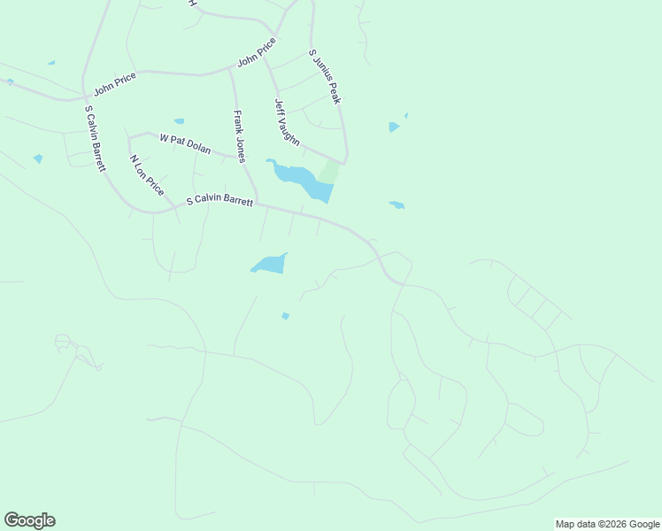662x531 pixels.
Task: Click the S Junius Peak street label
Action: tap(325, 76)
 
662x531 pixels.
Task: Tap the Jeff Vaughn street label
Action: tap(287, 122)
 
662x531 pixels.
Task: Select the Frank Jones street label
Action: tap(238, 135)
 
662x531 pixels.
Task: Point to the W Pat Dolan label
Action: tap(185, 143)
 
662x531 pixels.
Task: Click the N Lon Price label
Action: tap(147, 174)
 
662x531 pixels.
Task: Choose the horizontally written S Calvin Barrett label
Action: tap(219, 201)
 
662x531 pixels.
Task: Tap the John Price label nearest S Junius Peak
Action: tap(257, 52)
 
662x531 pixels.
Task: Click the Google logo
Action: tap(29, 520)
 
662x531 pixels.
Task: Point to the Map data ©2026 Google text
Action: tap(608, 524)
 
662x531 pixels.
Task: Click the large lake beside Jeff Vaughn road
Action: tap(301, 180)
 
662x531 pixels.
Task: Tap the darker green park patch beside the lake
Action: tap(328, 172)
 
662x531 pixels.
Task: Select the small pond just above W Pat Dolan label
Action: tap(180, 121)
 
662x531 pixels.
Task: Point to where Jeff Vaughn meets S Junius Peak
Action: tap(344, 162)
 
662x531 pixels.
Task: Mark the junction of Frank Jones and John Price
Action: tap(229, 68)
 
